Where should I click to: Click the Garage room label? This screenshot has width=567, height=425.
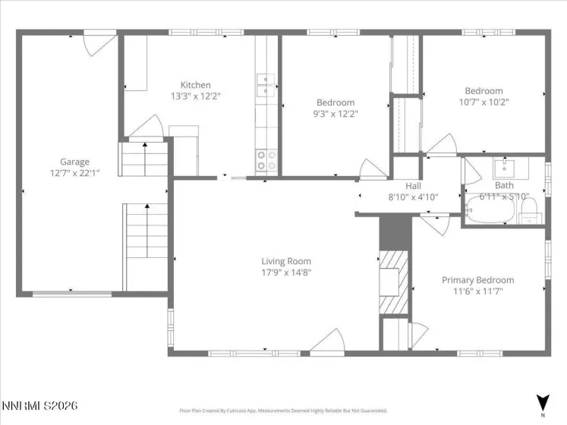(x=74, y=162)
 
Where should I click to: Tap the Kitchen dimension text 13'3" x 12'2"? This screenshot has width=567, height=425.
(x=195, y=96)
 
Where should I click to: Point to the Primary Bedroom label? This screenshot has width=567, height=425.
(x=477, y=279)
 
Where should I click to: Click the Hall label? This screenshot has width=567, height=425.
(x=413, y=185)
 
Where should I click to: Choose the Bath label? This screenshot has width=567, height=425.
(x=504, y=185)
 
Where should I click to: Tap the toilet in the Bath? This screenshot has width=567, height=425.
(x=528, y=209)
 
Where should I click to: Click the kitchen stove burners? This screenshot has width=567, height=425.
(x=266, y=159)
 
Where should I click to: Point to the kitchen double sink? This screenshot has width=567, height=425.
(x=266, y=86)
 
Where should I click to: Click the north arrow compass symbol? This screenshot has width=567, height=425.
(x=542, y=402)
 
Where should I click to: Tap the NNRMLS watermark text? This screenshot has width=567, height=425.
(x=39, y=407)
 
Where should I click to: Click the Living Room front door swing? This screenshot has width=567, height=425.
(x=327, y=340)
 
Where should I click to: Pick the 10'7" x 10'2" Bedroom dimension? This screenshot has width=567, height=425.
(x=484, y=102)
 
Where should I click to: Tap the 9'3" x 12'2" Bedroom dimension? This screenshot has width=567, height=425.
(x=335, y=113)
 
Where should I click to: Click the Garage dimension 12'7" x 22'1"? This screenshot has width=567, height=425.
(x=74, y=172)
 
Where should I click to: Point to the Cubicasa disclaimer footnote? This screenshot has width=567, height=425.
(x=283, y=411)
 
